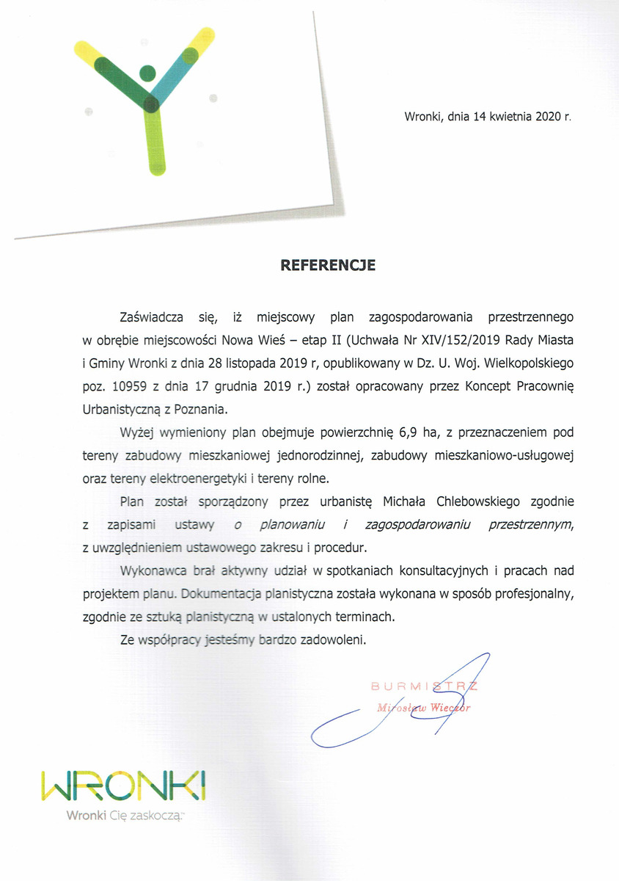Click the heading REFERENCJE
tap(328, 266)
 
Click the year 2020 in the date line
tap(547, 116)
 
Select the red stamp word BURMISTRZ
tap(424, 686)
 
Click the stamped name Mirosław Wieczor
tap(423, 708)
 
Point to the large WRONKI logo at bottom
tap(124, 786)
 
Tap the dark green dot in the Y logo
tap(147, 73)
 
